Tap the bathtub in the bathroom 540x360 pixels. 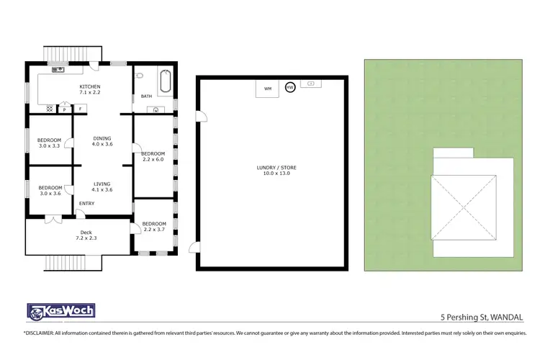164,81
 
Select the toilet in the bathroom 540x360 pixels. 141,74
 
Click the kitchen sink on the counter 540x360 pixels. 58,70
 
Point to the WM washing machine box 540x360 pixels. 268,89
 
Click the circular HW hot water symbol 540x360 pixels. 289,87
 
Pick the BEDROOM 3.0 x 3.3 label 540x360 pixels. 49,141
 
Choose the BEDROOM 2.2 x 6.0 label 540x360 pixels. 153,157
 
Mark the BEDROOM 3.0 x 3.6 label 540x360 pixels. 49,190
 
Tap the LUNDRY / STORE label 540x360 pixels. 276,171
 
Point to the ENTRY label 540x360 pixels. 86,204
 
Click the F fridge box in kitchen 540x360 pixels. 80,109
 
